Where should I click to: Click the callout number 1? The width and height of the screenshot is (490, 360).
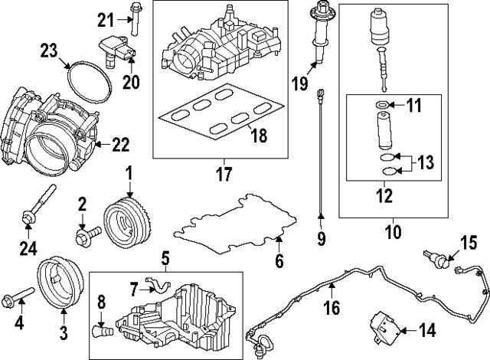click(129, 174)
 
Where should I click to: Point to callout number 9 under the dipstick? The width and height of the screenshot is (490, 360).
click(321, 239)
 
